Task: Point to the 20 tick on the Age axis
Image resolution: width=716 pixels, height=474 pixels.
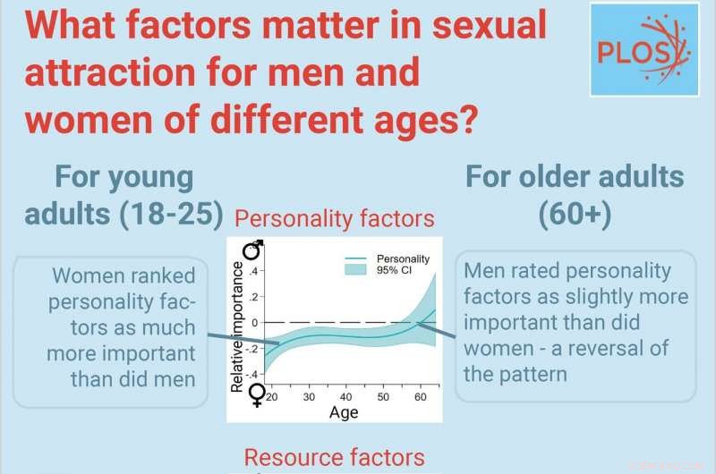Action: (x=272, y=395)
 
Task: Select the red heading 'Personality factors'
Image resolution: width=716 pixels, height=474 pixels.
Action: (x=335, y=218)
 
